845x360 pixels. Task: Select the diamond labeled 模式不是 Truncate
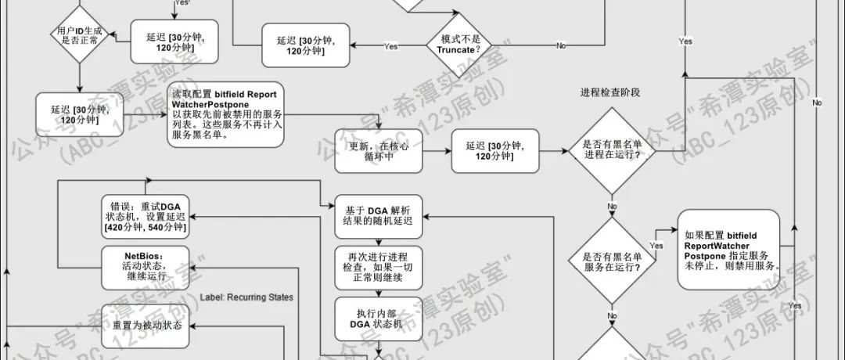pos(462,45)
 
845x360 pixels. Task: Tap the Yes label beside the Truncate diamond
pos(391,47)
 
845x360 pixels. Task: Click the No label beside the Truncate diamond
pos(561,46)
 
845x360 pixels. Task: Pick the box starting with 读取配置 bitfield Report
pos(226,114)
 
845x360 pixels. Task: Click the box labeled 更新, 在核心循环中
pos(378,150)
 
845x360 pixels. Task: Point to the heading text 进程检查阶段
pos(610,92)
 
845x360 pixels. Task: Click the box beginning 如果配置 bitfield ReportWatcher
pos(729,250)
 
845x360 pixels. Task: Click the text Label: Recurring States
pos(246,297)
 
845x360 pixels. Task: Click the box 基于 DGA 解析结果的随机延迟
pos(378,216)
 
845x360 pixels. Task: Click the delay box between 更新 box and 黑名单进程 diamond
pos(495,150)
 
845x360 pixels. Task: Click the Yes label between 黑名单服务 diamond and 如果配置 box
pos(656,245)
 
